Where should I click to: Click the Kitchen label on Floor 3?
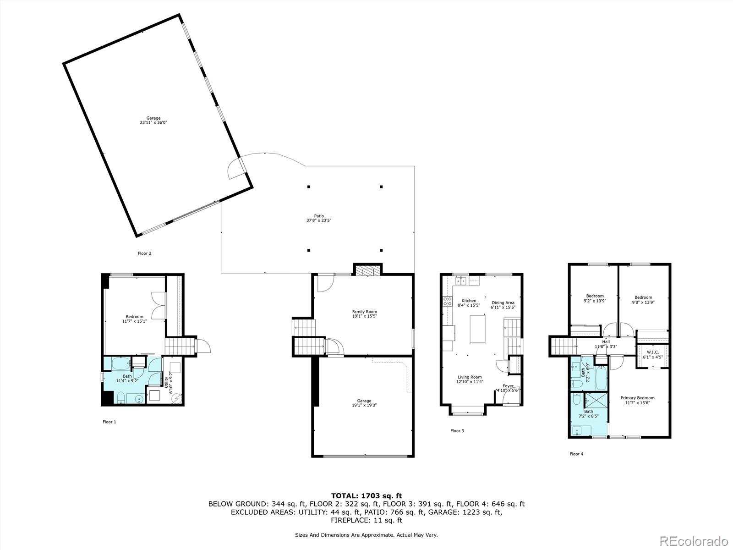pos(469,301)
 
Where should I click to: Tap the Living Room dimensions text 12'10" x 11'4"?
pos(470,381)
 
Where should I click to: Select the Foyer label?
pos(508,386)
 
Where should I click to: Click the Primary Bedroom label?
pos(637,398)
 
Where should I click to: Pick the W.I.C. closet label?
pos(653,352)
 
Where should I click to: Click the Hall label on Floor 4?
pos(606,342)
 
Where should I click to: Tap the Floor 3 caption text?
pos(457,431)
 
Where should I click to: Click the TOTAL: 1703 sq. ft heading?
pos(366,495)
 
